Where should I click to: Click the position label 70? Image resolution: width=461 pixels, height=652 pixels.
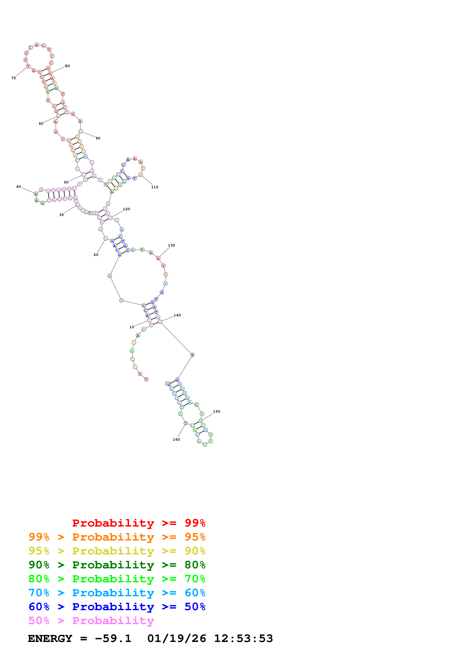[x=14, y=78]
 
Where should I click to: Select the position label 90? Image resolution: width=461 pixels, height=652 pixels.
[x=98, y=138]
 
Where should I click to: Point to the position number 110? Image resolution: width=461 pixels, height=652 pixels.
[x=155, y=187]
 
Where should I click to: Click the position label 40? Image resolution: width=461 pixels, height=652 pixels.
[x=18, y=187]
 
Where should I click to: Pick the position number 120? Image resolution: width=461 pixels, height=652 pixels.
[x=126, y=209]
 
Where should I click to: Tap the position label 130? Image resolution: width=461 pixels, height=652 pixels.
[x=172, y=245]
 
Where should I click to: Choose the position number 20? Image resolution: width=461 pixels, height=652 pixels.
[x=96, y=255]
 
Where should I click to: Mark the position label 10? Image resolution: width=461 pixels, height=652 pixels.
[x=132, y=327]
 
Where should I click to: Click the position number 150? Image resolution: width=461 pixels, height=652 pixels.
[x=217, y=411]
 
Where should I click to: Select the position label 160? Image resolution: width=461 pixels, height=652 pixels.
[x=176, y=440]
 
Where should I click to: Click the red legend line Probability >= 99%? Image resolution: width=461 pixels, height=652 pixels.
[x=139, y=523]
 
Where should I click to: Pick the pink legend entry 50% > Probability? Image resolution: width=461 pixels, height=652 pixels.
[x=91, y=621]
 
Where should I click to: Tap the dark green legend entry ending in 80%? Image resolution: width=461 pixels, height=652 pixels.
[x=117, y=565]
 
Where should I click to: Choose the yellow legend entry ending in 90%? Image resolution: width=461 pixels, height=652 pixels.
[x=117, y=551]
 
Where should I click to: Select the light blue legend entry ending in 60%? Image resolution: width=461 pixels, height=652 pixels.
[x=117, y=593]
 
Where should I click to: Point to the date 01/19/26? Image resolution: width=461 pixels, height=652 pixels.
[x=177, y=639]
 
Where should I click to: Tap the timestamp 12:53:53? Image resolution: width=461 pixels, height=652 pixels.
[x=243, y=639]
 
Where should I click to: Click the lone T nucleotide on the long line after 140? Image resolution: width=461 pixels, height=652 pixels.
[x=192, y=355]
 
